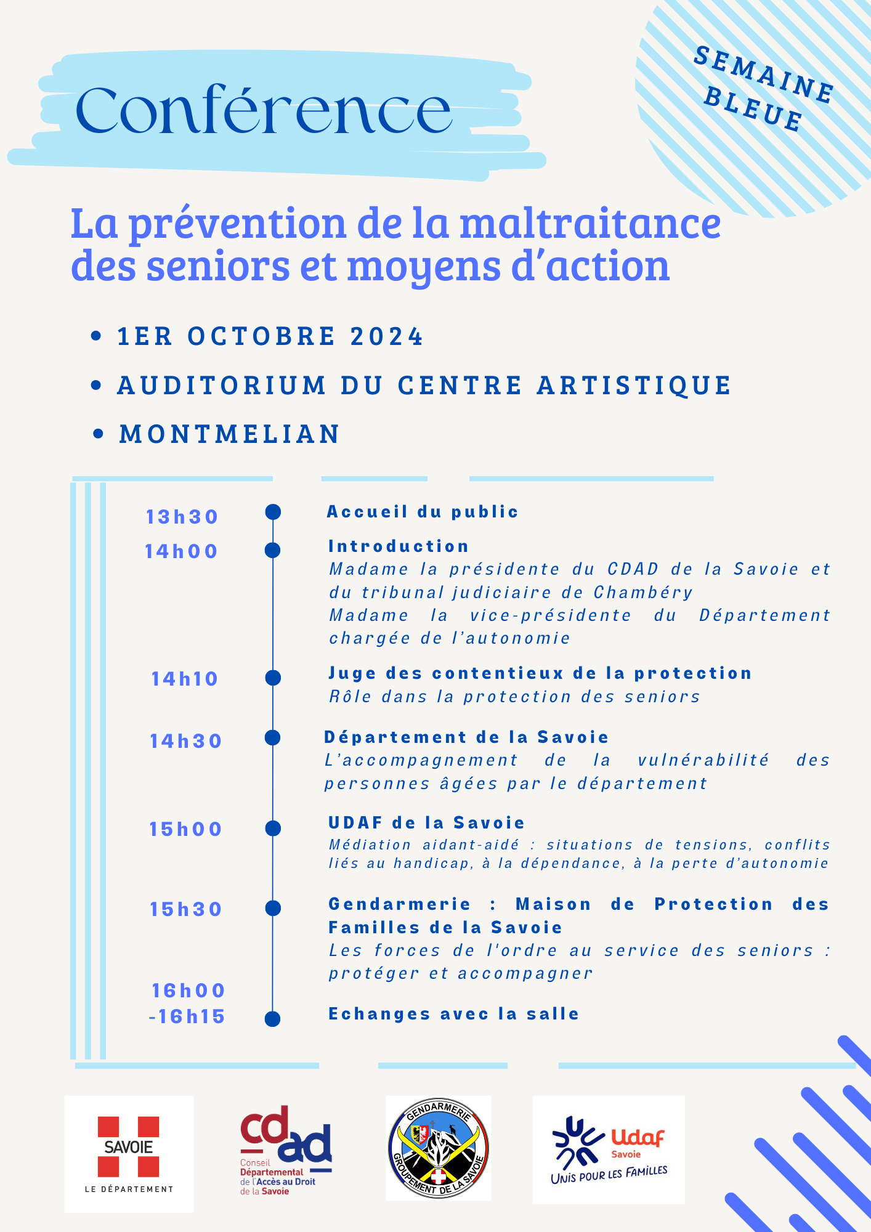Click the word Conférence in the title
point(264,111)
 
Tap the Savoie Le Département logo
point(129,1153)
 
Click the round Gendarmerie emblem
point(438,1148)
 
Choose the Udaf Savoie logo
point(609,1149)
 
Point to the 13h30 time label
point(182,517)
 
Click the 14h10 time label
point(185,679)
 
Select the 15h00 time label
point(185,829)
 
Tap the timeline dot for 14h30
point(273,737)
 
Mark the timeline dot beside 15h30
point(273,908)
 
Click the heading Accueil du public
point(423,512)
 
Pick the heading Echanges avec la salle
point(454,1014)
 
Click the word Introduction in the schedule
point(399,546)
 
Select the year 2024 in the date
point(387,337)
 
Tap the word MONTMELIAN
point(230,434)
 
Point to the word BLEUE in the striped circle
point(753,108)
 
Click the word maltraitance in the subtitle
point(590,223)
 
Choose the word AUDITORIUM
point(222,386)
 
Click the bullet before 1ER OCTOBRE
point(95,336)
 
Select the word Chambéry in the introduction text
point(643,593)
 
